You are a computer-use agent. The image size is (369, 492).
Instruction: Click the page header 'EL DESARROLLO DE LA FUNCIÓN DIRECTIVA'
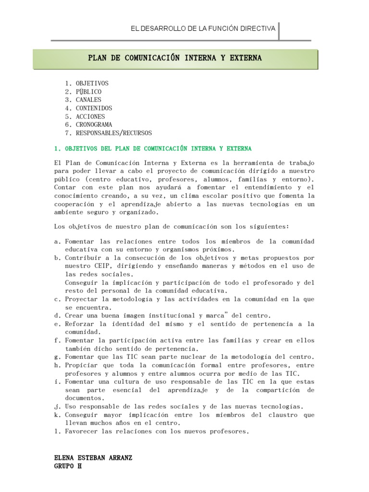[203, 29]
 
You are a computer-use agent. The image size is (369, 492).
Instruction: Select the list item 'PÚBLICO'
[88, 91]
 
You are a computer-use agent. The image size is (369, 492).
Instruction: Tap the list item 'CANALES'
[88, 99]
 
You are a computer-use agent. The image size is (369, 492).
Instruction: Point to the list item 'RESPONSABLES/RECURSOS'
[113, 133]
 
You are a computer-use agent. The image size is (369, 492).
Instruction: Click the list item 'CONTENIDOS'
[94, 108]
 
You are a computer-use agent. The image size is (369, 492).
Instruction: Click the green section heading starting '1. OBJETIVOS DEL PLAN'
[152, 148]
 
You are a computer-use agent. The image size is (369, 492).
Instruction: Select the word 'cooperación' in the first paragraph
[74, 204]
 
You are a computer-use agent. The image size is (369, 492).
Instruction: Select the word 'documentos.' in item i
[84, 398]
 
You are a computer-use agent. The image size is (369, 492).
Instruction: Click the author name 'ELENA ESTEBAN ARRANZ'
[93, 458]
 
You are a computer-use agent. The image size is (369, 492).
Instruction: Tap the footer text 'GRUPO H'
[68, 466]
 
